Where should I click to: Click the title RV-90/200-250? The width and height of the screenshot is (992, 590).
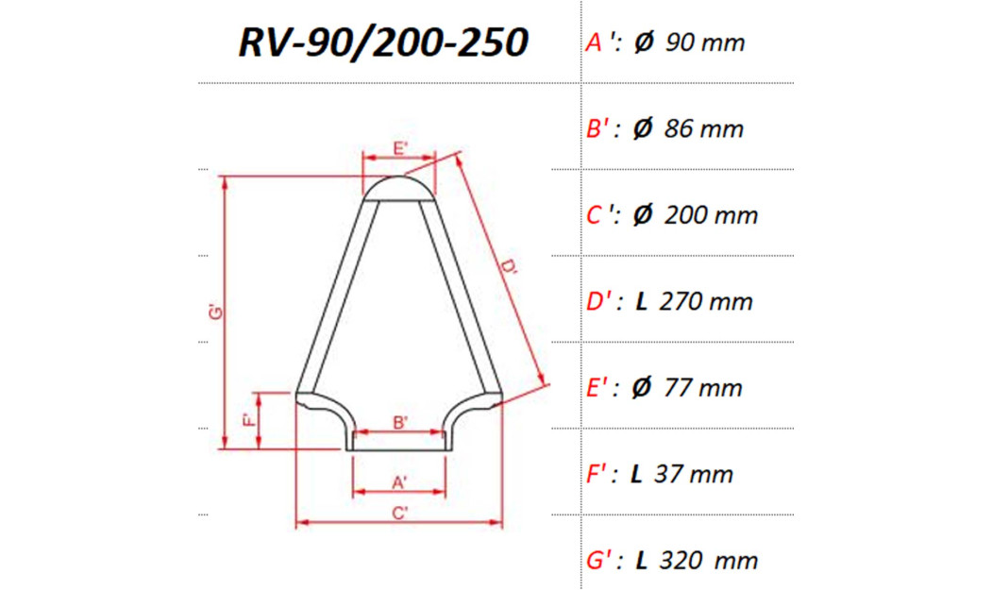coord(381,42)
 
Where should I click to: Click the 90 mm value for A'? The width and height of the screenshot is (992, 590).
coord(704,42)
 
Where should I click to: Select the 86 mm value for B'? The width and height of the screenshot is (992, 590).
coord(704,129)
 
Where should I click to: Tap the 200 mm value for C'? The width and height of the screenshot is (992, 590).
coord(711,215)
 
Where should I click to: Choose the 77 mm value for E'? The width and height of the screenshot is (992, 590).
coord(703,388)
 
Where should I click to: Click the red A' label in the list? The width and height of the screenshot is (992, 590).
coord(599,42)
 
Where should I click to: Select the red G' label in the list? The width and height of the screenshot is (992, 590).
coord(600,561)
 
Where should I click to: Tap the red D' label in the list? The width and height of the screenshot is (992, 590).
coord(600,302)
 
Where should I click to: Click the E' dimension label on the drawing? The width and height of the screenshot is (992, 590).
coord(400,149)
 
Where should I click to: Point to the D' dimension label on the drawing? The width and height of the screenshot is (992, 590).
coord(511,271)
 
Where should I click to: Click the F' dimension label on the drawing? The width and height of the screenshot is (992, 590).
coord(247,421)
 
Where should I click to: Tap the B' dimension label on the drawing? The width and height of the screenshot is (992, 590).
coord(400,423)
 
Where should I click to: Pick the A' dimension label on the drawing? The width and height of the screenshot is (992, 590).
coord(400,482)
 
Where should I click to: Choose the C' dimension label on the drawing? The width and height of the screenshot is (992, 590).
coord(400,514)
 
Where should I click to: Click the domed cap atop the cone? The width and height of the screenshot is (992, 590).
coord(400,187)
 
